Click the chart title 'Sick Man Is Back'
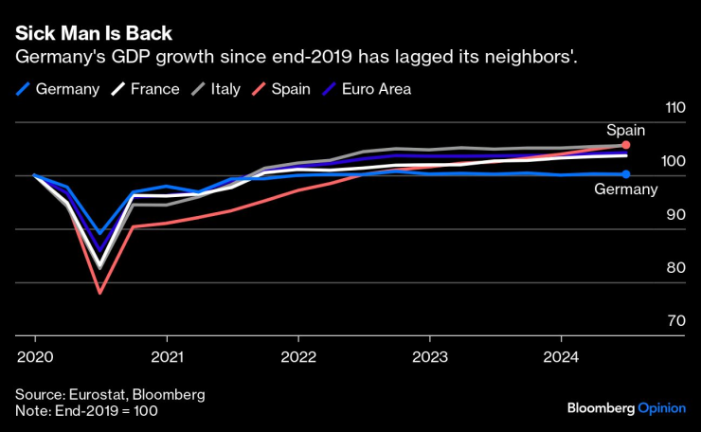coord(93,33)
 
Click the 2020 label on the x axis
coord(35,357)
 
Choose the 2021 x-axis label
coord(167,357)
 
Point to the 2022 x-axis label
coord(298,357)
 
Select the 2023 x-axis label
coord(430,357)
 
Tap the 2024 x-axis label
coord(561,357)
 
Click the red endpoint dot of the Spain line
coord(626,145)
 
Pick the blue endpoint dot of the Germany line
coord(626,173)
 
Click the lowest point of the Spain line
coord(100,293)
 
